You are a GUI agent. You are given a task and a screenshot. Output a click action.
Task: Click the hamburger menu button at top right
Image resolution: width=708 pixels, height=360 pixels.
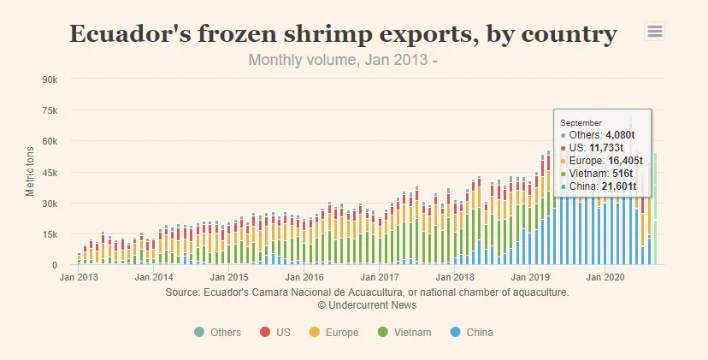(x=655, y=32)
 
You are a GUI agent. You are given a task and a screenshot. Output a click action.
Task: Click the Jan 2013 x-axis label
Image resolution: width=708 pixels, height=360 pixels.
(x=78, y=278)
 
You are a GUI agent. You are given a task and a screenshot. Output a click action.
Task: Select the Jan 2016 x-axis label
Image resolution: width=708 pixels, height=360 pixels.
(x=305, y=278)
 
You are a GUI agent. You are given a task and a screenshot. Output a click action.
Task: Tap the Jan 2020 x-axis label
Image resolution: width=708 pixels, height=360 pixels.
(x=606, y=278)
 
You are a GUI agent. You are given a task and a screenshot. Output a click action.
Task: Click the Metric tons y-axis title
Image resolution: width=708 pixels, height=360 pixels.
(x=31, y=172)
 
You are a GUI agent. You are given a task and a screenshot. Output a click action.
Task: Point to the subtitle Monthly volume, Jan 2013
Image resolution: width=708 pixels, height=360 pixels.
(x=343, y=61)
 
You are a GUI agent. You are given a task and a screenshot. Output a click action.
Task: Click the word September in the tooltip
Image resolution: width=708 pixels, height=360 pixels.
(x=581, y=123)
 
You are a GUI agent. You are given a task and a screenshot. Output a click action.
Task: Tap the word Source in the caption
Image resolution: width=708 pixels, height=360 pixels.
(x=183, y=292)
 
